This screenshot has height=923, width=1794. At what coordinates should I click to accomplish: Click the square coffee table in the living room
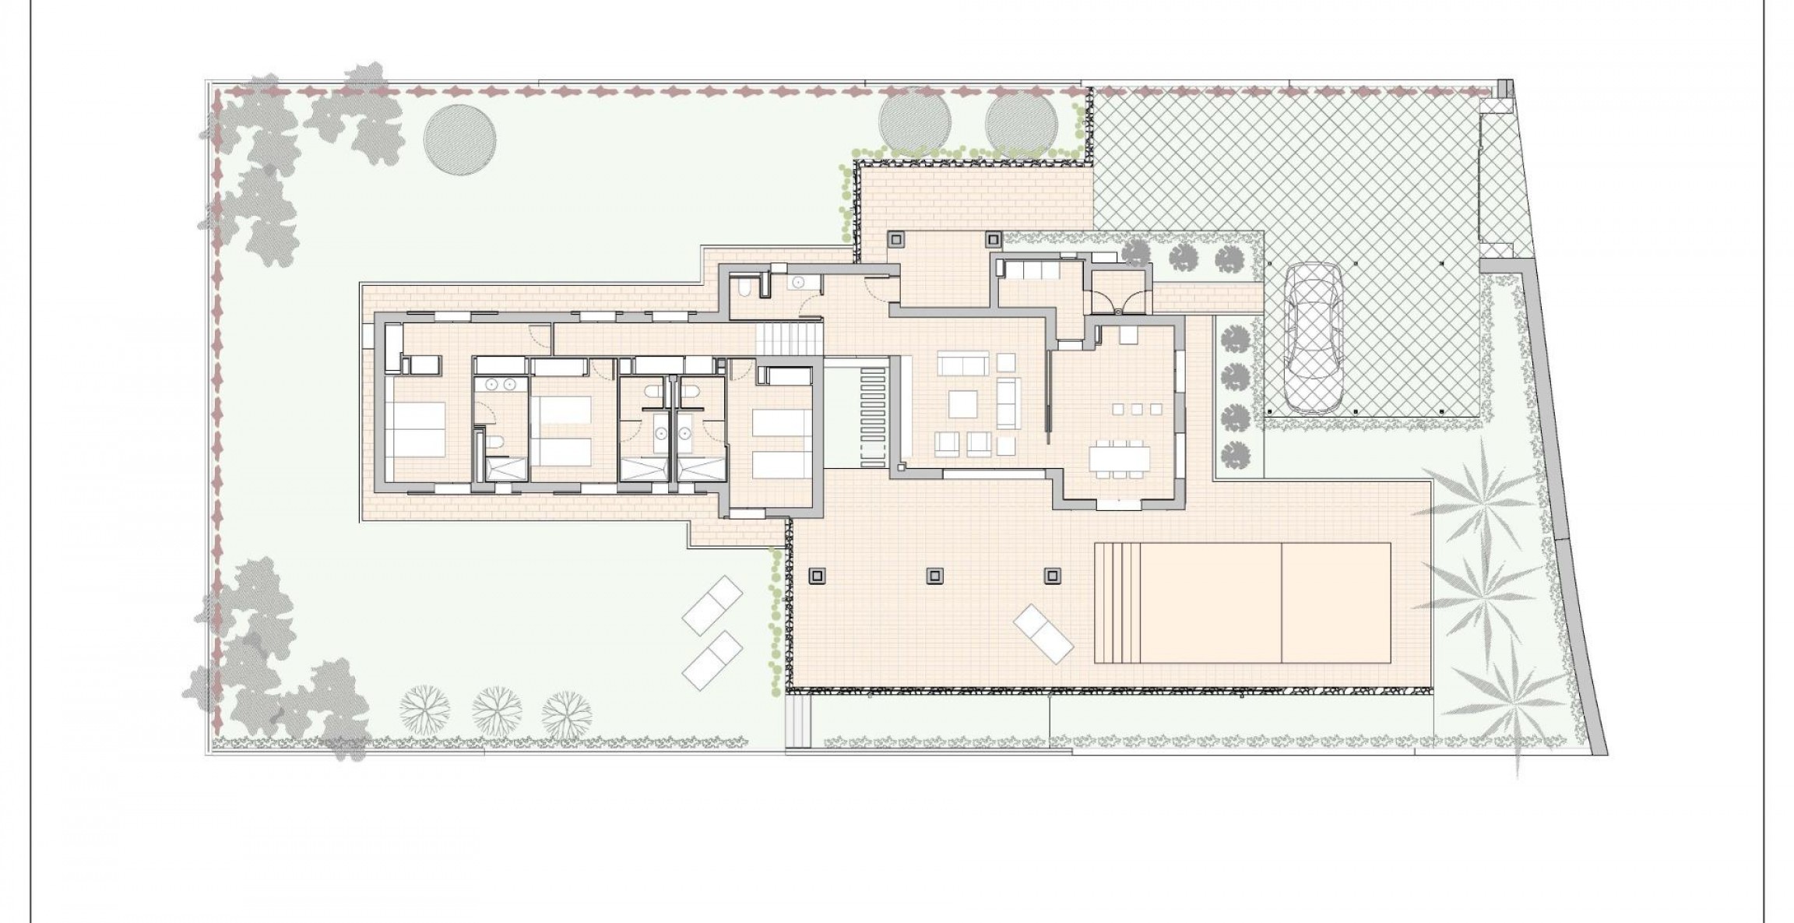click(x=962, y=403)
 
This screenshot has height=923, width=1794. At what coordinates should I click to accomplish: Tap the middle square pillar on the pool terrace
click(x=934, y=576)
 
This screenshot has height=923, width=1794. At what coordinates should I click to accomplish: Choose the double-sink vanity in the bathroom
click(x=501, y=383)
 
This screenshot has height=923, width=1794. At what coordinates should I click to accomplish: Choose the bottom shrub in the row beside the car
click(x=1235, y=454)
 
